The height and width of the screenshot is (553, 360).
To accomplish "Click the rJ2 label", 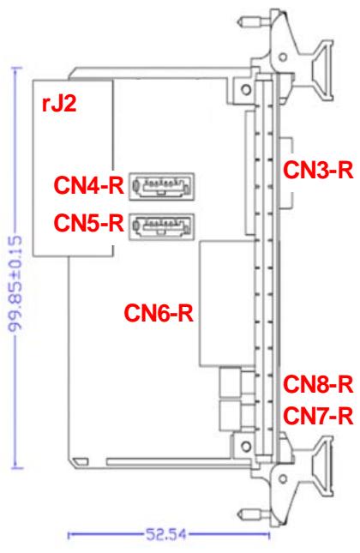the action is [59, 104].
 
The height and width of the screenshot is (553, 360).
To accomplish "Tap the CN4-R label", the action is [89, 185].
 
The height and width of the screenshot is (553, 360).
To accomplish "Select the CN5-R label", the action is [89, 223].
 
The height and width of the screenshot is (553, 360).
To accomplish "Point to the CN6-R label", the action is [159, 313].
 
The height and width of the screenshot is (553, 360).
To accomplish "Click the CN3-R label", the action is [318, 170].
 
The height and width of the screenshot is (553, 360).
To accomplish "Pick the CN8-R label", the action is [318, 384].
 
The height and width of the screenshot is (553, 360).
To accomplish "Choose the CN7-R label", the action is [318, 416].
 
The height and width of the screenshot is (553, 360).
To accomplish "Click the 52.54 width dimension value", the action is [166, 535].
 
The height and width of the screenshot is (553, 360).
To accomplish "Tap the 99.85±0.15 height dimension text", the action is [15, 285].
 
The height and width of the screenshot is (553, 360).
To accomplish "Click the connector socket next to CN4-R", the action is [161, 186].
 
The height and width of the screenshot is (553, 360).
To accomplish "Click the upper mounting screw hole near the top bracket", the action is [246, 89].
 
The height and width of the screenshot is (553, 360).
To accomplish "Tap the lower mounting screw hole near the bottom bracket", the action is [246, 446].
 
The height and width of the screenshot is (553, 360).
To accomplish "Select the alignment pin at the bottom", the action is [255, 514].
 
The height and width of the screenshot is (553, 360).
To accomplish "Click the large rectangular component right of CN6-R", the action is [227, 304].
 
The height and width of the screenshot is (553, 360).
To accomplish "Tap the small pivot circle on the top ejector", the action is [283, 57].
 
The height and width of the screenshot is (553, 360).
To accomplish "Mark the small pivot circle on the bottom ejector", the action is [283, 478].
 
